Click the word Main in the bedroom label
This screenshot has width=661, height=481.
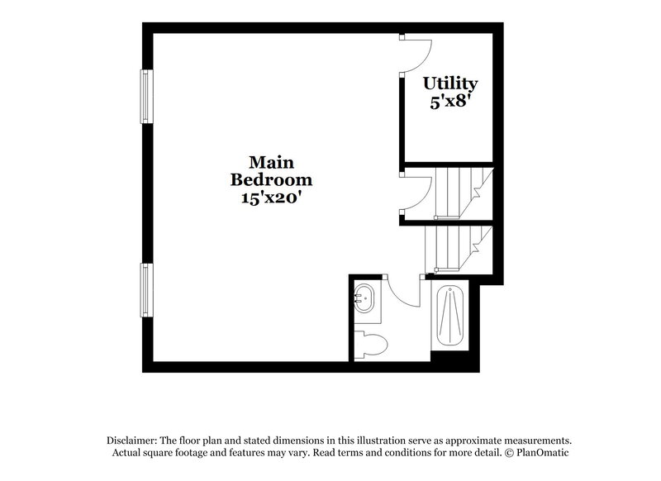[272, 161]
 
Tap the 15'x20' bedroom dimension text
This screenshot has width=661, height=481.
[272, 198]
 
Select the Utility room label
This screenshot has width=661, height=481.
[450, 83]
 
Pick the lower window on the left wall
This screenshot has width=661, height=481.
[146, 289]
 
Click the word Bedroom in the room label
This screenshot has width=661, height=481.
[272, 179]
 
